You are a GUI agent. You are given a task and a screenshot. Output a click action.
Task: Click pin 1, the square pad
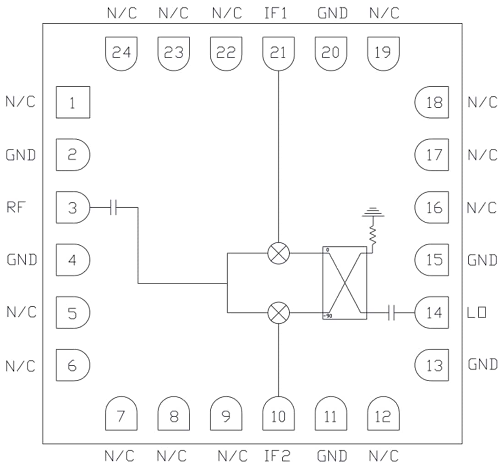72,102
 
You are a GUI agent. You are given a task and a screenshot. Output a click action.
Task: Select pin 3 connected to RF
72,208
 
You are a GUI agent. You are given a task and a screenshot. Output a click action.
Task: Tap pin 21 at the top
278,53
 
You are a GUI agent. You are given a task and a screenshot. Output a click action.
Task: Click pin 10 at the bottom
278,415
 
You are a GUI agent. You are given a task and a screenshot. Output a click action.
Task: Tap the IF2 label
277,456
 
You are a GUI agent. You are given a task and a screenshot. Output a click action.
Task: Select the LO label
477,313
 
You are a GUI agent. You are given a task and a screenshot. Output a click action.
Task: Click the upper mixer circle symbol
278,253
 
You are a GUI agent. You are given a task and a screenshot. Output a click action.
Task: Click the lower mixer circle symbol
278,313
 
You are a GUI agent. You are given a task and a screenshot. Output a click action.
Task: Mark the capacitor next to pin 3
114,208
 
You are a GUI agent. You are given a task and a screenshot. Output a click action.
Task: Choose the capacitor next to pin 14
391,313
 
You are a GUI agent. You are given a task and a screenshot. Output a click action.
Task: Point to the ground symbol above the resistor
373,213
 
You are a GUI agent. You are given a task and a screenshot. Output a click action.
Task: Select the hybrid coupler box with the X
345,283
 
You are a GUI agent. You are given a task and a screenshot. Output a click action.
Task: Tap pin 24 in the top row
121,53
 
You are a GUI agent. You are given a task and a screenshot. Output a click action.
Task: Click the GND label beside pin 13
482,365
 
